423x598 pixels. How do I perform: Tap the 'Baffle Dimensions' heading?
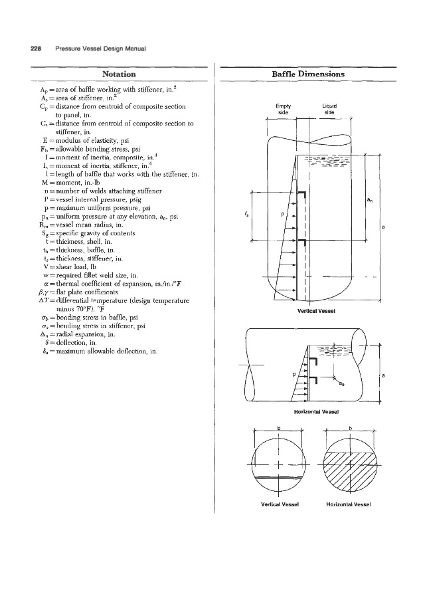click(308, 73)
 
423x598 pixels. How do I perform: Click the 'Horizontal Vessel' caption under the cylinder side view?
click(311, 412)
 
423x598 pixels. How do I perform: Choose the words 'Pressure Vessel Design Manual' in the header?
click(101, 48)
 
